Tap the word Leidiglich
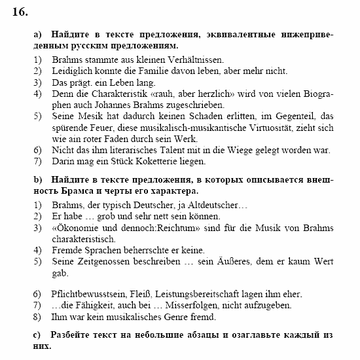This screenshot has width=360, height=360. (x=74, y=71)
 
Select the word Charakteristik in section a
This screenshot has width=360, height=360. (x=115, y=94)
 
